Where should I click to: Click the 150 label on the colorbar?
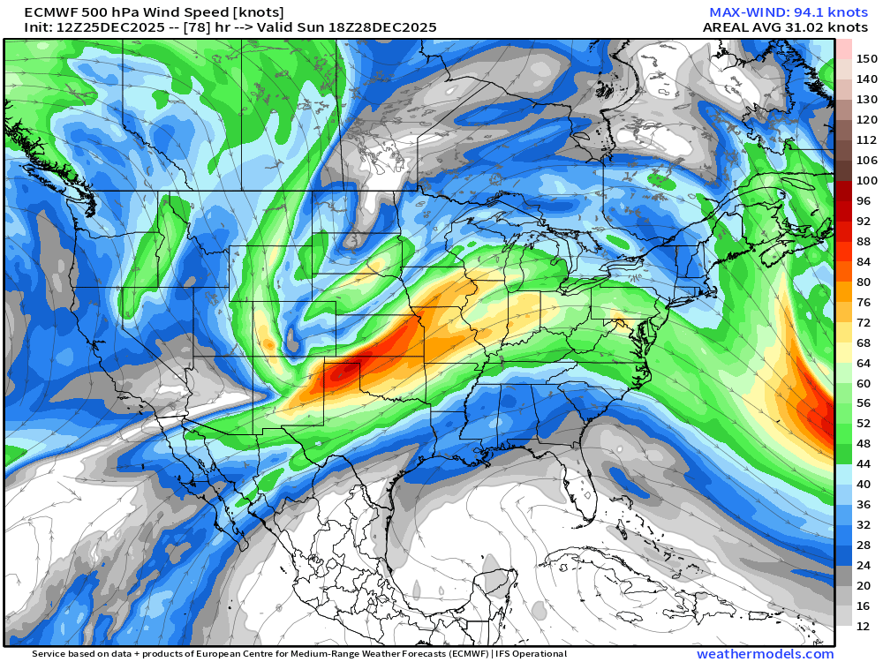click(x=866, y=59)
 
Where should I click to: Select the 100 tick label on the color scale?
click(x=866, y=181)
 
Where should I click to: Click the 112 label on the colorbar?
click(x=866, y=140)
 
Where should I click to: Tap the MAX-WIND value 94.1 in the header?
click(x=796, y=12)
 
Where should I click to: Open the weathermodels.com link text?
click(x=765, y=654)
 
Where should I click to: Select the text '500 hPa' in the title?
click(x=110, y=12)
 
